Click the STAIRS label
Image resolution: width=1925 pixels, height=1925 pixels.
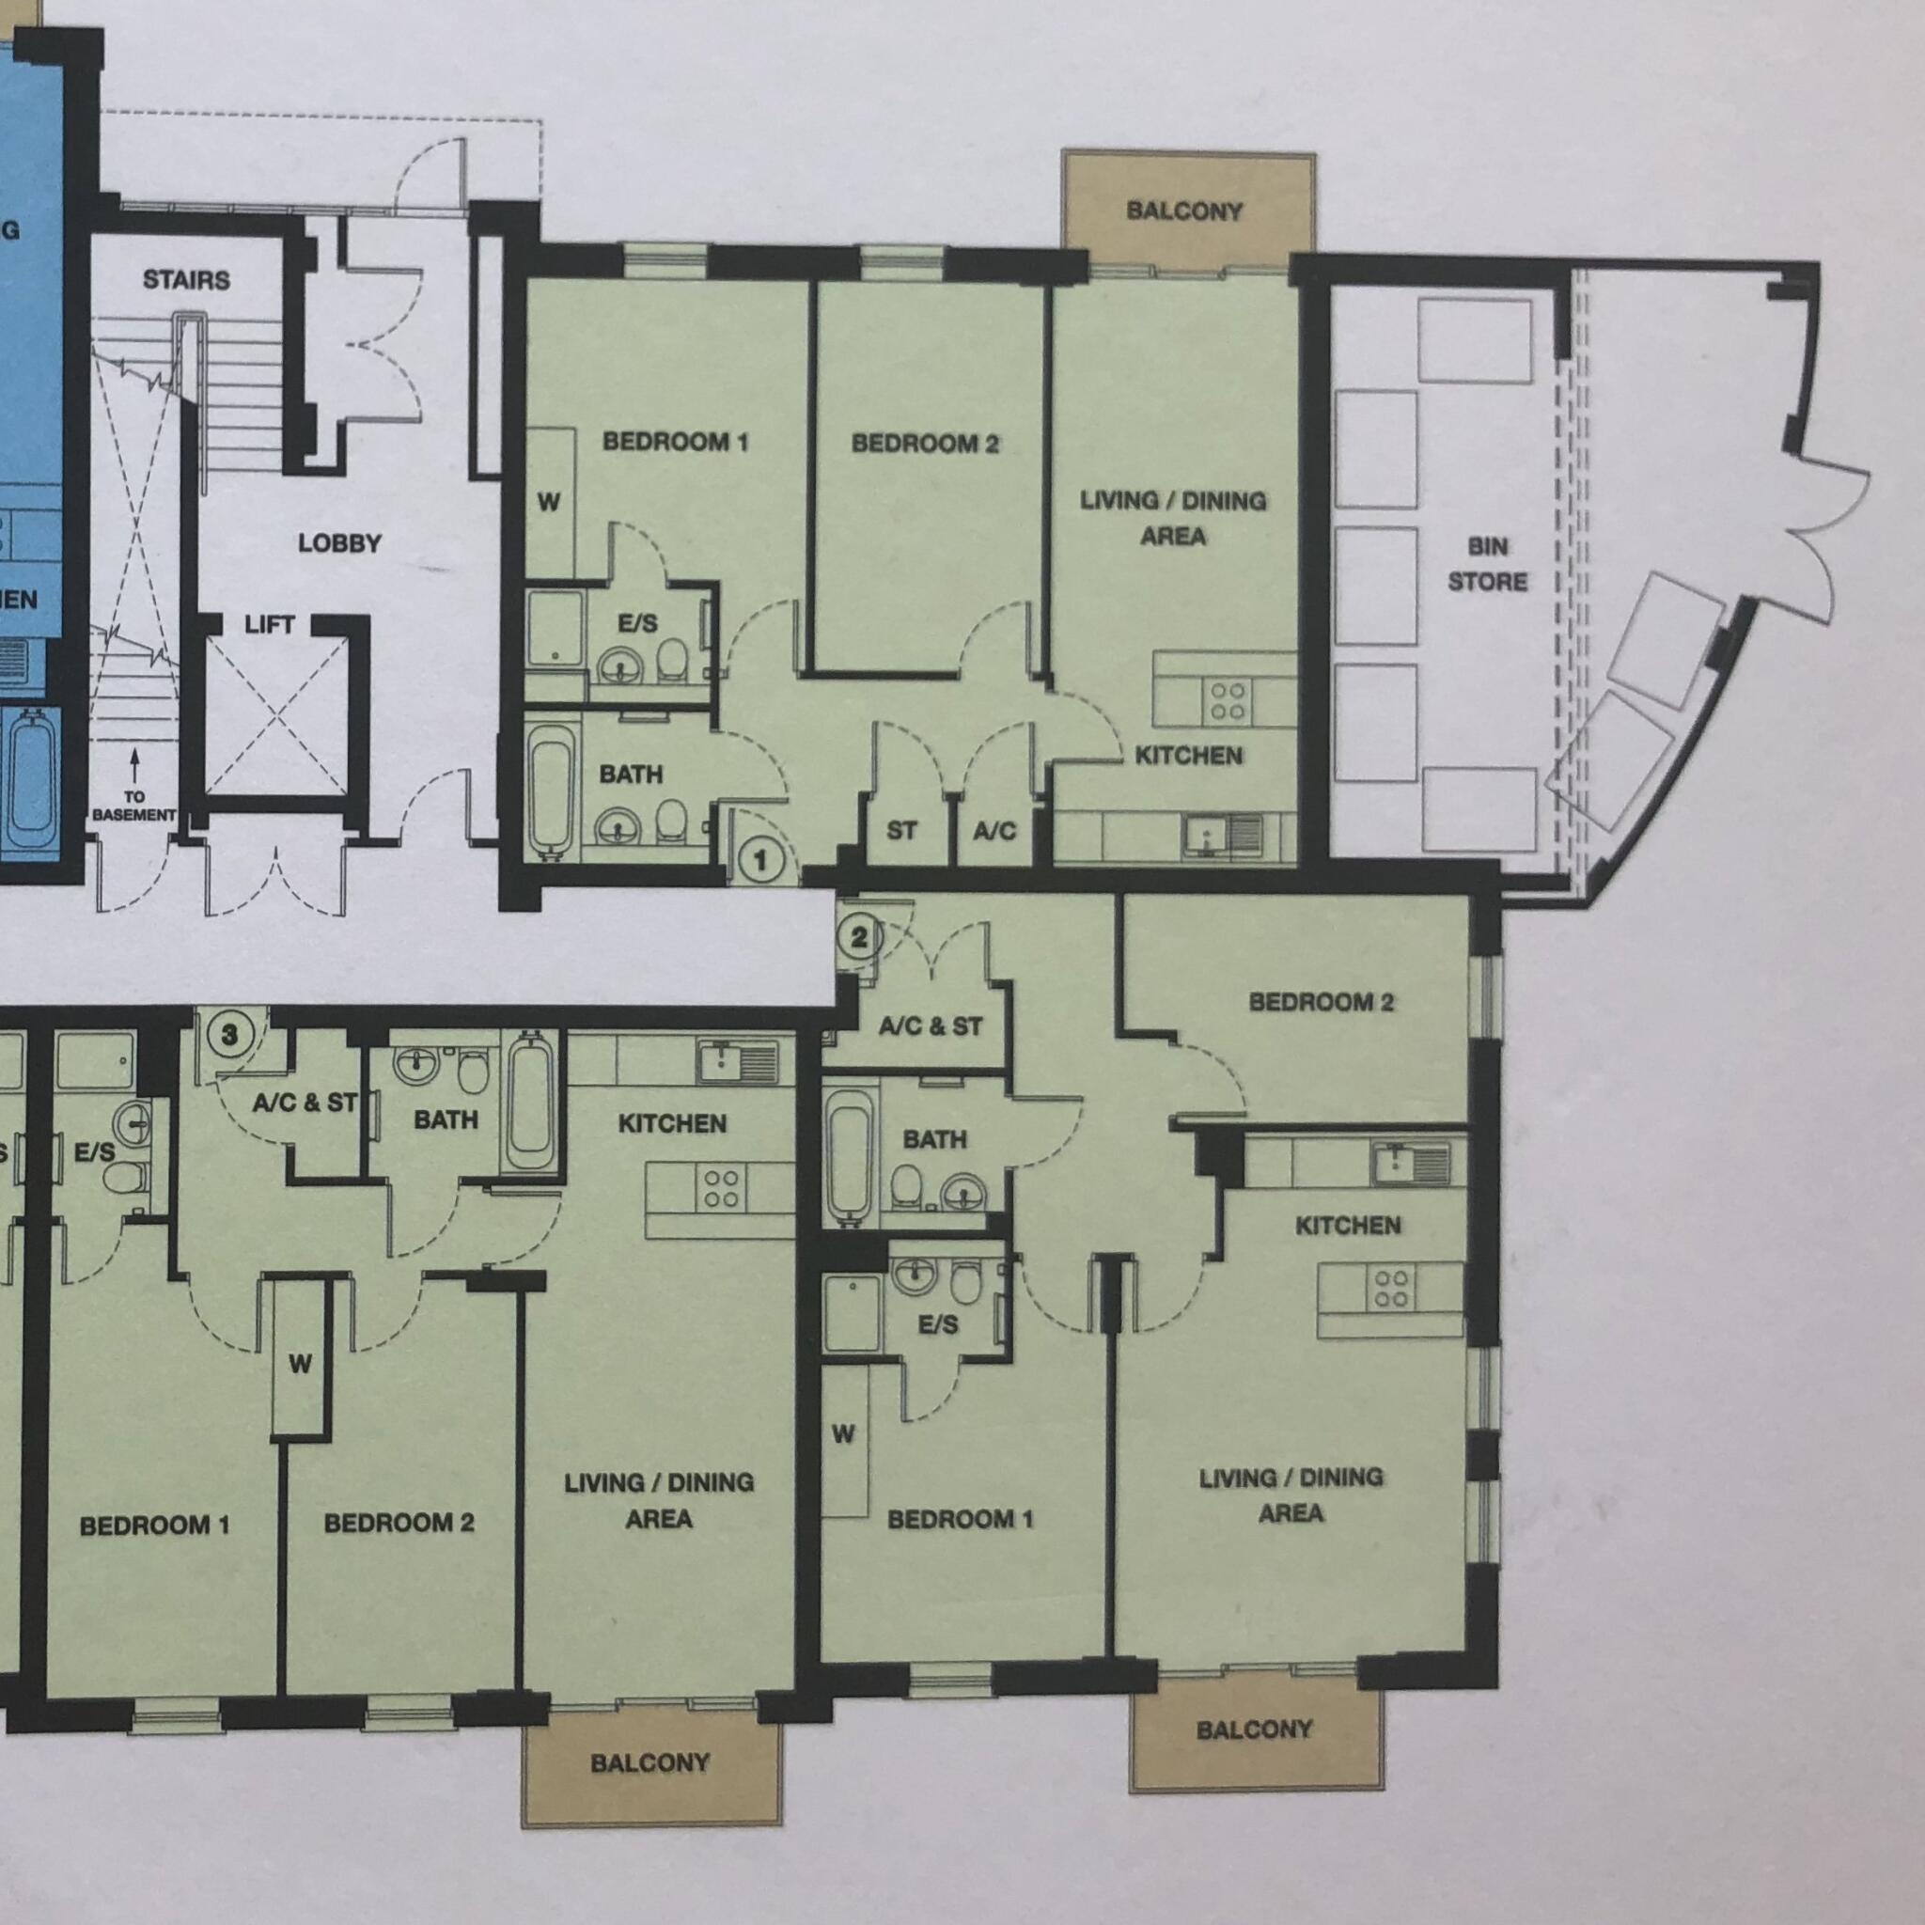[x=186, y=280]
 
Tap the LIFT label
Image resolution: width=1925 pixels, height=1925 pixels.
[x=269, y=625]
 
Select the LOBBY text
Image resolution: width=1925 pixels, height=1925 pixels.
[x=339, y=544]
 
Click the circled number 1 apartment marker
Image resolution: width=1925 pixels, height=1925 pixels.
[x=761, y=860]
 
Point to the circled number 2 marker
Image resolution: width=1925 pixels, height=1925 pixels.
[x=860, y=936]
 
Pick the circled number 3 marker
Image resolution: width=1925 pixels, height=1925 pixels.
[x=230, y=1034]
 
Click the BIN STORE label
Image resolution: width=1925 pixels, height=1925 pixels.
[x=1487, y=564]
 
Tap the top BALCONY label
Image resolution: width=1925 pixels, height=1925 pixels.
[x=1184, y=211]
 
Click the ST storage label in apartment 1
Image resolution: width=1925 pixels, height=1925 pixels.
[x=900, y=830]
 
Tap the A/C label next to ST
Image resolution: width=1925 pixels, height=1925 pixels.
[x=994, y=830]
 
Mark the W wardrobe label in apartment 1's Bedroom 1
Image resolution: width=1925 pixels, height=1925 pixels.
[x=549, y=502]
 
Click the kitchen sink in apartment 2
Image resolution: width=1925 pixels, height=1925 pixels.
[x=1408, y=1161]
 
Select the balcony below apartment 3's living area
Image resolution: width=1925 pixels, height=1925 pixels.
[x=649, y=1762]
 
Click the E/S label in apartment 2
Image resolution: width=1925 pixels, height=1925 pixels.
[x=937, y=1324]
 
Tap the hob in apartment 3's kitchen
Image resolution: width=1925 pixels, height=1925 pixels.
[x=721, y=1189]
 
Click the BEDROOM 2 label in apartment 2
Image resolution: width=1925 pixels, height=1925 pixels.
[x=1322, y=1002]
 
